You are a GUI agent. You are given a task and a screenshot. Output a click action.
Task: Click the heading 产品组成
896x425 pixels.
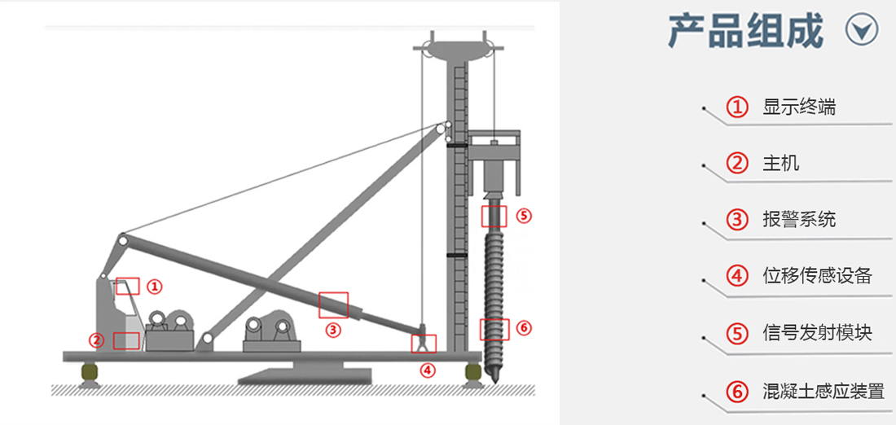(745, 31)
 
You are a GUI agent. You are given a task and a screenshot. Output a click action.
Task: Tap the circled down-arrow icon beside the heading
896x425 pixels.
(862, 30)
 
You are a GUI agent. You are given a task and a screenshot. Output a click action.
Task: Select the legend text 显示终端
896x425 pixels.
(799, 107)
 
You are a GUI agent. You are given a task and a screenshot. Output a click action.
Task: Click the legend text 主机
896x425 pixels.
(780, 164)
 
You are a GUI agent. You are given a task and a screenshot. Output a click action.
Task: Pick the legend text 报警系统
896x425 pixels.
(799, 219)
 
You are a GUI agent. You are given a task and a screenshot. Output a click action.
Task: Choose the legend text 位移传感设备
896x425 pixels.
(817, 276)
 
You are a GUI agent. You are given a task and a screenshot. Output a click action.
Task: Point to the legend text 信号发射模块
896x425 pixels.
(817, 332)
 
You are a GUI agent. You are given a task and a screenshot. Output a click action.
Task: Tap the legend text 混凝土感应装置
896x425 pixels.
(824, 392)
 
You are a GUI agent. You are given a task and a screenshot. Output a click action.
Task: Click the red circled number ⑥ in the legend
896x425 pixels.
(737, 392)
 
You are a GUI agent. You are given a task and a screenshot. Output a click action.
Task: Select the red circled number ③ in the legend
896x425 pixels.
(737, 220)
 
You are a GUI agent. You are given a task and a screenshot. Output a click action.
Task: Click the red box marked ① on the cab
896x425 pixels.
(127, 286)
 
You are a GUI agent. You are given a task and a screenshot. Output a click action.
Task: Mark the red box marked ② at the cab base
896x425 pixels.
(126, 341)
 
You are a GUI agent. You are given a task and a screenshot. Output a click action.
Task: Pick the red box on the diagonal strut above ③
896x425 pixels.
(333, 305)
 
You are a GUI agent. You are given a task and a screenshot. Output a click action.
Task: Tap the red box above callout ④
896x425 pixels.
(424, 344)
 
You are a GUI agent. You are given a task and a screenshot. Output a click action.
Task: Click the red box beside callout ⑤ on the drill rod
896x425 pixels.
(494, 216)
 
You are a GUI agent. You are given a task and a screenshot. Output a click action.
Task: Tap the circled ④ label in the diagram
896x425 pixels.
(427, 370)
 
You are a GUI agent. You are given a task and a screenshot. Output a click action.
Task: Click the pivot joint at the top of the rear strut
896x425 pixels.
(122, 239)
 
